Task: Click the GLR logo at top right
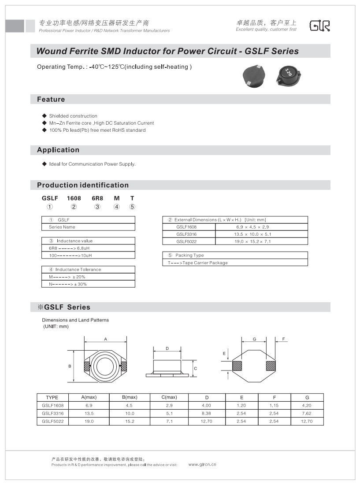point(320,26)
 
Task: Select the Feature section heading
point(51,100)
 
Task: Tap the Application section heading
point(58,150)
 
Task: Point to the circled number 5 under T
point(132,207)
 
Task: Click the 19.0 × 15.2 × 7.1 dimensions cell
point(261,241)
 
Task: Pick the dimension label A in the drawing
point(105,339)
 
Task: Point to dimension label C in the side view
point(195,367)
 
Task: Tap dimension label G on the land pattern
point(254,339)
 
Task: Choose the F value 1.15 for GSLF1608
point(274,405)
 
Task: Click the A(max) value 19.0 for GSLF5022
point(89,421)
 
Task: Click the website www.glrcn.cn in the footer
point(202,464)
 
